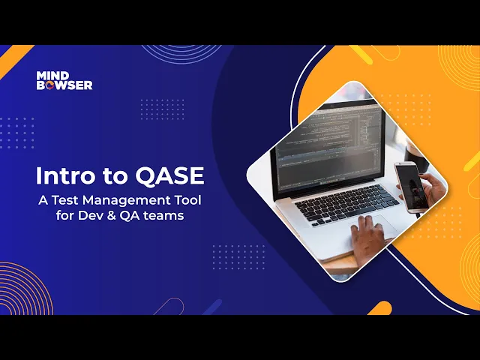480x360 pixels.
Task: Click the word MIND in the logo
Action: (52, 75)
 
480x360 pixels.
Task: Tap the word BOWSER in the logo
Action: (64, 85)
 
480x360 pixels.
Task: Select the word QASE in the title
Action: (170, 176)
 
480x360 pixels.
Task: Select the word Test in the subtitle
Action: (65, 200)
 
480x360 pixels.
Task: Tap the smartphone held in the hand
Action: (410, 187)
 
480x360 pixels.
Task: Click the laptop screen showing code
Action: (328, 146)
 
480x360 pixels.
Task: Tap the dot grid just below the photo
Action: (238, 257)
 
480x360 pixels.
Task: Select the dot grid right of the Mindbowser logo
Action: (162, 109)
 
